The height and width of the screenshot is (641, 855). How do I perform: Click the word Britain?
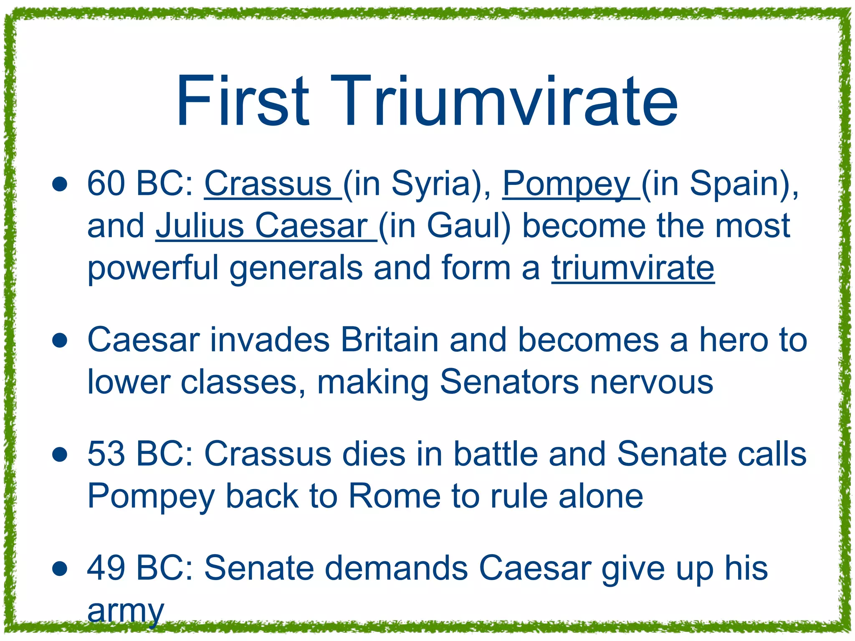(x=390, y=340)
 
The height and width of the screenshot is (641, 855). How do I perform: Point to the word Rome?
(x=395, y=496)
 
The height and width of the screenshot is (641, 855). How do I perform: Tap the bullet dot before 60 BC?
(x=60, y=185)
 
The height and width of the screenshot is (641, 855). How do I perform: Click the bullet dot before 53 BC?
(x=60, y=455)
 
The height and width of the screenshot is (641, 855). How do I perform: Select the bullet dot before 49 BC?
(x=60, y=569)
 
